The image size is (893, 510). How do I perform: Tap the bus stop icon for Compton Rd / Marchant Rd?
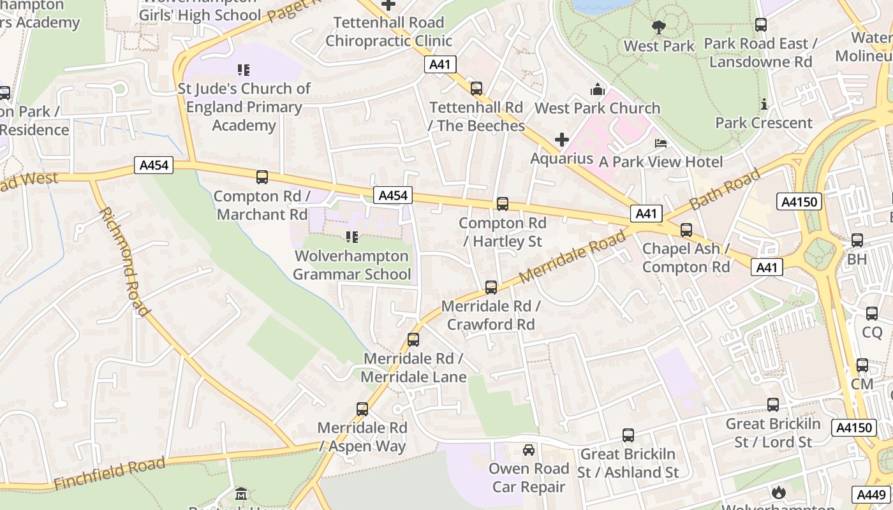(262, 177)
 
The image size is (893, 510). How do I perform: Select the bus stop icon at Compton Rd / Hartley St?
(503, 204)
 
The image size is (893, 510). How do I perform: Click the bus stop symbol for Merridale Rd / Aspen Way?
(362, 409)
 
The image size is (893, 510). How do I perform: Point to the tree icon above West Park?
(659, 27)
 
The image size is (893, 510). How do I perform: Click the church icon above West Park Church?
(598, 89)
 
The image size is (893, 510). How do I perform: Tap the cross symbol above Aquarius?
(562, 140)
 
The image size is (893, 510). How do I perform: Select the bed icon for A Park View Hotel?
(661, 143)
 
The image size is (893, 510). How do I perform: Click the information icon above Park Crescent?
(764, 104)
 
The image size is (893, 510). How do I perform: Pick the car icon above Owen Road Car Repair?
(529, 450)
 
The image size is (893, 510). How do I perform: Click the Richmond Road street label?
(125, 261)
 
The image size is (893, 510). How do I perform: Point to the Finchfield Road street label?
(109, 474)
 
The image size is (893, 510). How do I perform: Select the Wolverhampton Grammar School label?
(351, 265)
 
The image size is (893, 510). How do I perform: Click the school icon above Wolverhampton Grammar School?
(351, 237)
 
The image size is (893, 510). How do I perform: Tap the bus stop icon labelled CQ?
(872, 314)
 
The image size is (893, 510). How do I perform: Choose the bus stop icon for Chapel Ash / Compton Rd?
(686, 230)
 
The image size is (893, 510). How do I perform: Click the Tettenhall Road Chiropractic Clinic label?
(388, 32)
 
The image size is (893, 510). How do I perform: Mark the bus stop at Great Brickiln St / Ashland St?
(628, 435)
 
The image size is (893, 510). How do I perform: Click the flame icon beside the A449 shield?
(778, 492)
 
